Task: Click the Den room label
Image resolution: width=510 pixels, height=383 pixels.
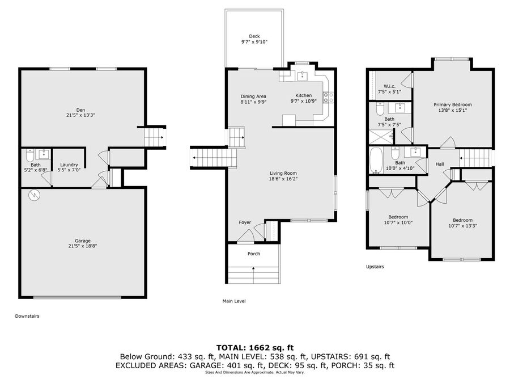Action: [80, 110]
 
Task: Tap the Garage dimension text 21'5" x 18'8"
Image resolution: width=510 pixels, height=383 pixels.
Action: [83, 246]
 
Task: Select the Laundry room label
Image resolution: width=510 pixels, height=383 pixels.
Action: [69, 165]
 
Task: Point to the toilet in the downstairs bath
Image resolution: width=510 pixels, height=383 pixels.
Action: [29, 155]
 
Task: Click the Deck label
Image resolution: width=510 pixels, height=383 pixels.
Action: [254, 36]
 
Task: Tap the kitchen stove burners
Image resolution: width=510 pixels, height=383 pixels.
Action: [328, 98]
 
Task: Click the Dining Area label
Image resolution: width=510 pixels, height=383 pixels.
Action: [253, 96]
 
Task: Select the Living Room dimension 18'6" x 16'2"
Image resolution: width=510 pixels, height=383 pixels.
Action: [283, 179]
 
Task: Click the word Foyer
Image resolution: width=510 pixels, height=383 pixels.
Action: [245, 222]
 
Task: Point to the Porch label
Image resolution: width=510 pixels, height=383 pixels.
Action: [254, 254]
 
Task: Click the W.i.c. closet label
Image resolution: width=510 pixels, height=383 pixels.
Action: [389, 86]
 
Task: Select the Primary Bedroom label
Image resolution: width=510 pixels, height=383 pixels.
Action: [452, 104]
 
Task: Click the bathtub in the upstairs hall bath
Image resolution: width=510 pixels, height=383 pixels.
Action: [376, 161]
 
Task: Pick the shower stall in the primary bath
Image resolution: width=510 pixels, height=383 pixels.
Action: [381, 137]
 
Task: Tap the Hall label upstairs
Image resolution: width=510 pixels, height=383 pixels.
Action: [439, 164]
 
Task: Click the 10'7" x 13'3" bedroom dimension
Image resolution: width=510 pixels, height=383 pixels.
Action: [462, 226]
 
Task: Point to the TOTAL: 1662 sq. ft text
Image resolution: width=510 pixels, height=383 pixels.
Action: [255, 347]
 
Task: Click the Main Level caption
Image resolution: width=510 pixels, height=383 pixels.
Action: [234, 301]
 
